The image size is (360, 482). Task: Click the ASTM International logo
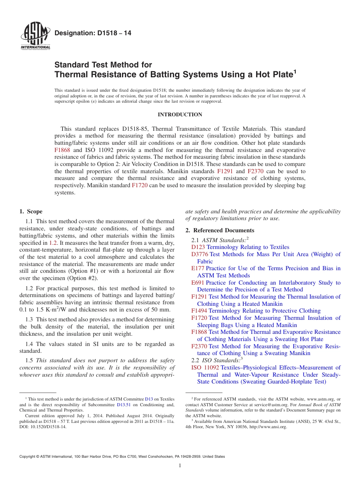[x=35, y=36]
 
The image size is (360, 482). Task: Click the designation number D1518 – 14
[x=93, y=33]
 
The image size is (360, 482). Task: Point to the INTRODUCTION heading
[x=180, y=114]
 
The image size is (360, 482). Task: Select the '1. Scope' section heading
[x=31, y=211]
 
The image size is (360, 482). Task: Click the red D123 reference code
[x=198, y=247]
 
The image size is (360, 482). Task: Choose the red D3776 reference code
[x=200, y=254]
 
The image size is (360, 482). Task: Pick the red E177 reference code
[x=198, y=268]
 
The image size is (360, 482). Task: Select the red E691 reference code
[x=198, y=283]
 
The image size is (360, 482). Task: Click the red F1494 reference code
[x=199, y=311]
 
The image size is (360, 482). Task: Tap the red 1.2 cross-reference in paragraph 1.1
[x=53, y=243]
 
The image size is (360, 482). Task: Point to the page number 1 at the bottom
[x=180, y=466]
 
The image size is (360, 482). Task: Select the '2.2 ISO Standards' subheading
[x=217, y=360]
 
